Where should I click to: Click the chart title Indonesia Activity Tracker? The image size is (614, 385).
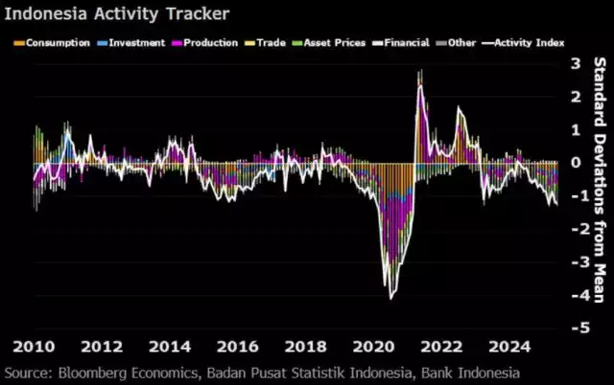click(x=116, y=15)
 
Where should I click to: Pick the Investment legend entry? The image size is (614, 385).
click(x=139, y=42)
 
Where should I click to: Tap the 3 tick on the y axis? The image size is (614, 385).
click(x=576, y=64)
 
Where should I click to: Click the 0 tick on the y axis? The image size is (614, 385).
click(x=576, y=163)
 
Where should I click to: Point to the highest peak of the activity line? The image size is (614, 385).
click(x=419, y=72)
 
